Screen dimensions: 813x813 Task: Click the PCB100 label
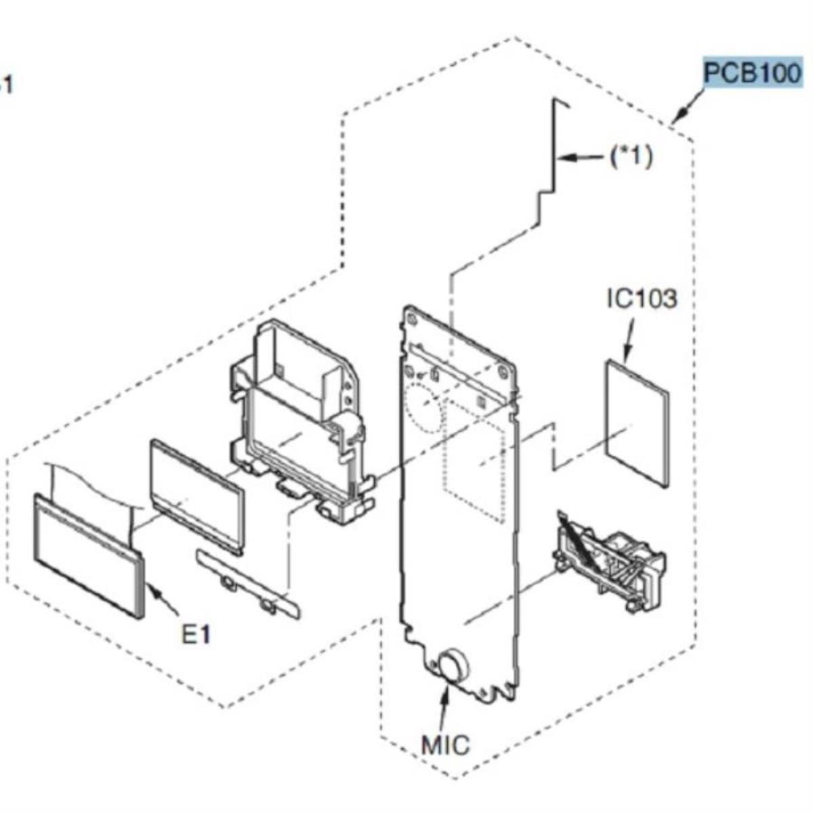(752, 72)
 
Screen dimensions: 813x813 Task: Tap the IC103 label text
(641, 298)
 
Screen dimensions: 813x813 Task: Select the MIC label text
(445, 745)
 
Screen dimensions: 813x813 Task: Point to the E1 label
(196, 634)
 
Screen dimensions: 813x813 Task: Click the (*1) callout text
(631, 157)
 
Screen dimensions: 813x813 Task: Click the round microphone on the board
(451, 665)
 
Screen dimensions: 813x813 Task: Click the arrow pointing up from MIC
(444, 705)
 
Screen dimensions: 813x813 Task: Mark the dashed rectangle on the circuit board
(474, 461)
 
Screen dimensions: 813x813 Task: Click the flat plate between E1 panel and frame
(196, 495)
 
